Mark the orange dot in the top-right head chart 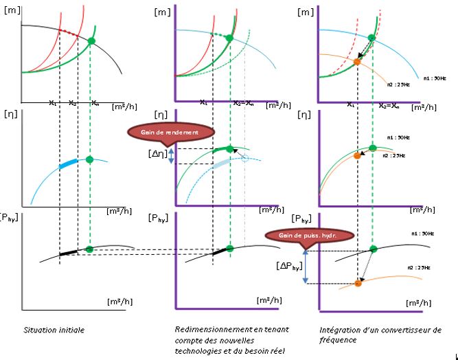357,62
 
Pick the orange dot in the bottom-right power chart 358,282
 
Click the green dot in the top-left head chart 92,41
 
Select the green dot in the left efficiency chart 89,159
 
